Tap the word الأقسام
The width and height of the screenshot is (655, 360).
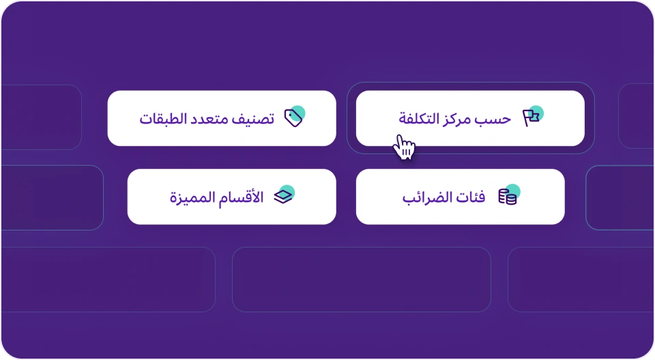point(243,197)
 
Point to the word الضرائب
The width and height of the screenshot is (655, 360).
point(426,197)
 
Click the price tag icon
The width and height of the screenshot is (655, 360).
point(293,118)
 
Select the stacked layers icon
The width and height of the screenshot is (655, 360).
point(282,196)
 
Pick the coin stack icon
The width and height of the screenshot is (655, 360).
point(507,198)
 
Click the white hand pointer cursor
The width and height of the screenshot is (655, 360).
point(405,147)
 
